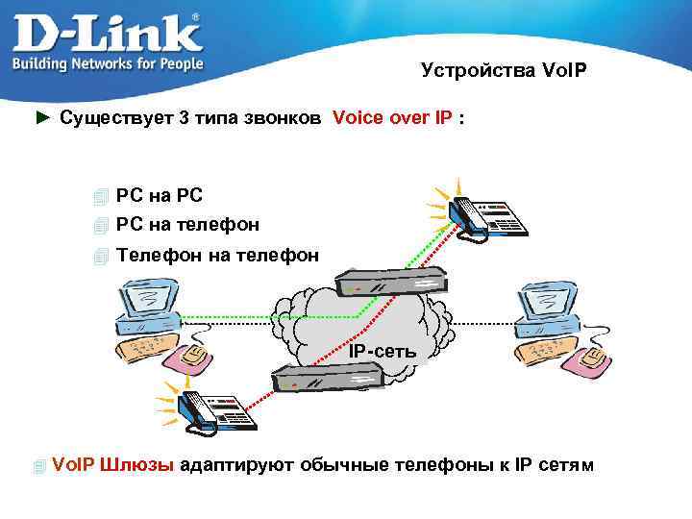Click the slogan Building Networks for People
(107, 63)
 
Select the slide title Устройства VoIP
(503, 71)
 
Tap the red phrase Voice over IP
(392, 118)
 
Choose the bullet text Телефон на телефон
(217, 255)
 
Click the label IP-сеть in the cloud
(383, 352)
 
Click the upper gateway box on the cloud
(391, 282)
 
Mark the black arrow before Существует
(41, 118)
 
